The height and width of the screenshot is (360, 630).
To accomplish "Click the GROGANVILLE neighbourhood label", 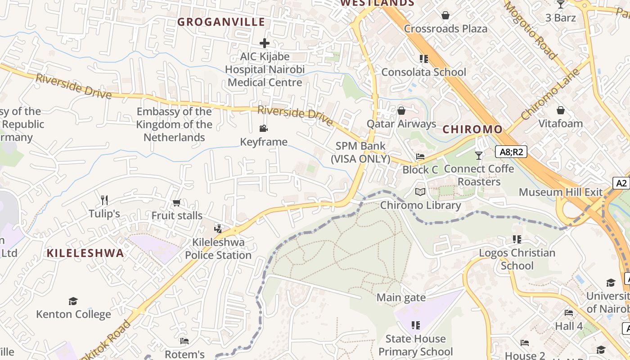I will pyautogui.click(x=221, y=22).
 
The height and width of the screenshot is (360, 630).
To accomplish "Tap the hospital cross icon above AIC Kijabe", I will pyautogui.click(x=265, y=43).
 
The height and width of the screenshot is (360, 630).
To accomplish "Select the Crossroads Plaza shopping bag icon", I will pyautogui.click(x=445, y=16).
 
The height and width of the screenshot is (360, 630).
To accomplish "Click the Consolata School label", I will pyautogui.click(x=423, y=72).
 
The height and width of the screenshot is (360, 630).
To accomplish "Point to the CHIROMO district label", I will pyautogui.click(x=472, y=130).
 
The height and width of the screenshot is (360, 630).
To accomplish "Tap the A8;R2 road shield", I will pyautogui.click(x=511, y=152).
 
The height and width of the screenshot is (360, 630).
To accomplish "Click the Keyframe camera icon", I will pyautogui.click(x=264, y=129).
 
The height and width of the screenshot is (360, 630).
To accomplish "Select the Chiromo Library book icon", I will pyautogui.click(x=420, y=192).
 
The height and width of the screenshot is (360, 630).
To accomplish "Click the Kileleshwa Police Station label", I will pyautogui.click(x=218, y=248).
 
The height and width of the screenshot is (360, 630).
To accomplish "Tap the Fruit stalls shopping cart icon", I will pyautogui.click(x=176, y=203).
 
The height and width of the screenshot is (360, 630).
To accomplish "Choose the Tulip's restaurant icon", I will pyautogui.click(x=104, y=200).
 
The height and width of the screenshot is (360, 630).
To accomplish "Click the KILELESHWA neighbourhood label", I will pyautogui.click(x=85, y=253).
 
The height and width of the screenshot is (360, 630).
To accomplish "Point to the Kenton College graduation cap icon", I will pyautogui.click(x=73, y=301).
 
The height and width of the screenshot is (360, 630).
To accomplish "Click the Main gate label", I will pyautogui.click(x=401, y=297).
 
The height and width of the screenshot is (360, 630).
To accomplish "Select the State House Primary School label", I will pyautogui.click(x=415, y=345).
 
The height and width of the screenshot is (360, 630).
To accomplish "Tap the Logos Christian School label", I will pyautogui.click(x=517, y=259).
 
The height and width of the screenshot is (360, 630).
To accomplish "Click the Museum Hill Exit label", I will pyautogui.click(x=560, y=192).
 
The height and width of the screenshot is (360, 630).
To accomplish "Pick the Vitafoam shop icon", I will pyautogui.click(x=561, y=110).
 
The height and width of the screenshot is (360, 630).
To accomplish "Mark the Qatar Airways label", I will pyautogui.click(x=401, y=124).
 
